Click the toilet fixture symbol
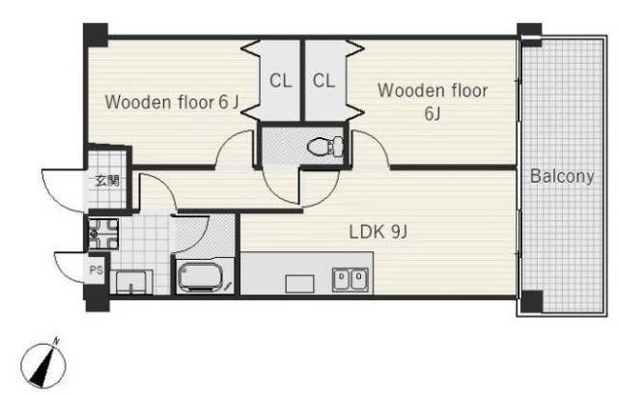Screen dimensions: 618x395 [x=325, y=147]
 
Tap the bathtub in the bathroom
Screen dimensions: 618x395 [x=201, y=277]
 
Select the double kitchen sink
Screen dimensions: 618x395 [x=351, y=279]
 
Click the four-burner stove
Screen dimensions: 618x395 [x=103, y=234]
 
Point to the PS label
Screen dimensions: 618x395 [x=97, y=270]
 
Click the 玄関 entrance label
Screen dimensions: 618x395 [x=107, y=182]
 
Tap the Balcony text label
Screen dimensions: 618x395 [x=562, y=176]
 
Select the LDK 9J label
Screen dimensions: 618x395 [x=378, y=232]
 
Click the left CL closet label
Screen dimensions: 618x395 [x=281, y=81]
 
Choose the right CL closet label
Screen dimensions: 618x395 [x=324, y=81]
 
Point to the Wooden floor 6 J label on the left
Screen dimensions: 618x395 [x=172, y=102]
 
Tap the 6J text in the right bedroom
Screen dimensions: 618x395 [x=433, y=114]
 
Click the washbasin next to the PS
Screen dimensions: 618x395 [x=130, y=282]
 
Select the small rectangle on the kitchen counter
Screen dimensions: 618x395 [x=299, y=284]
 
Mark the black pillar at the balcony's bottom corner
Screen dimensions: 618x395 [x=532, y=301]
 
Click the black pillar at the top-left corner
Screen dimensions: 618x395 [x=96, y=35]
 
